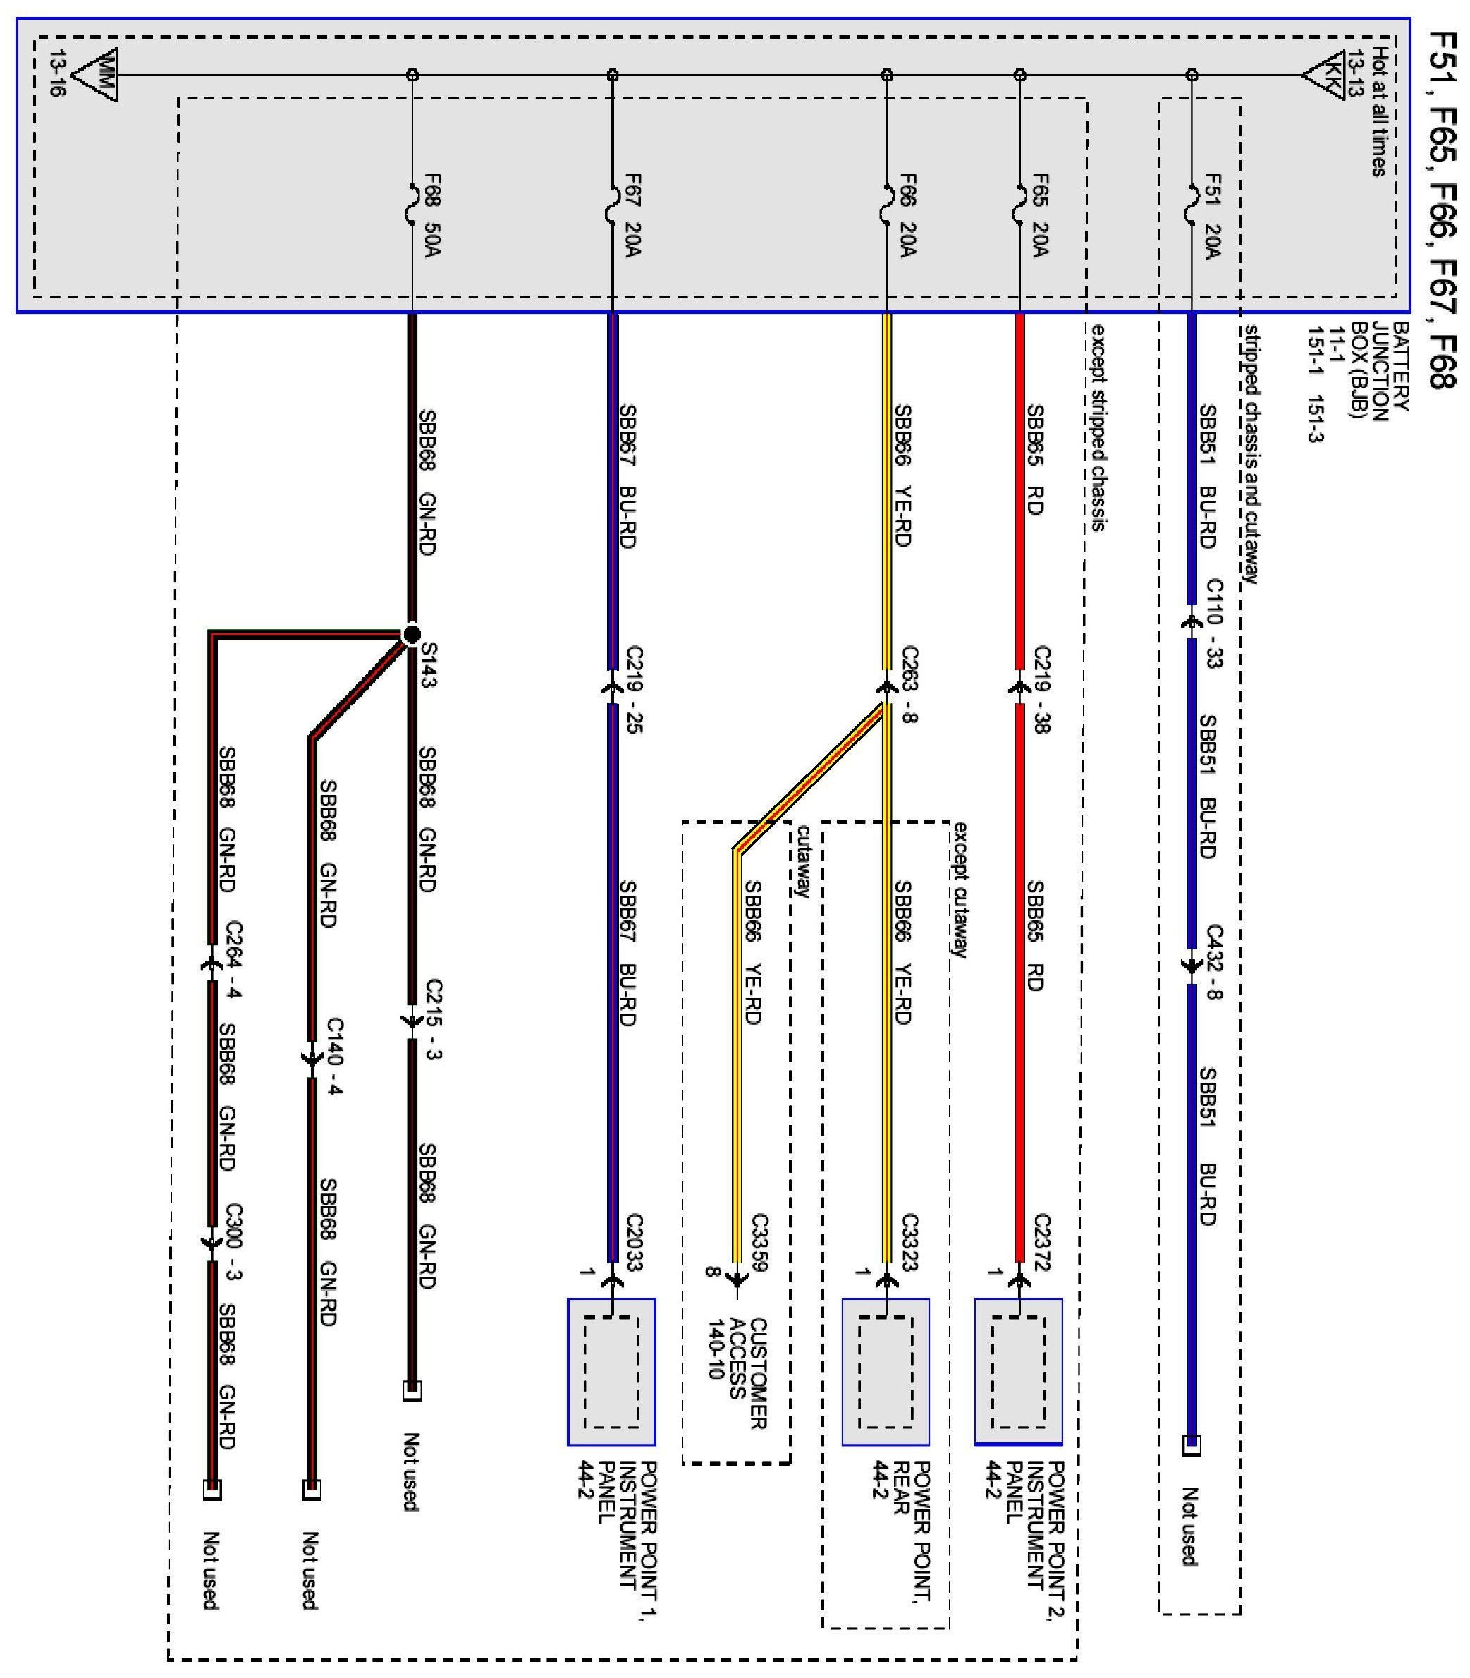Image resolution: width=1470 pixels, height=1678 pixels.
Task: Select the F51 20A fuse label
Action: point(1211,216)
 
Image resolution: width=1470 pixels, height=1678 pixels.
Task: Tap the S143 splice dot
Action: point(412,634)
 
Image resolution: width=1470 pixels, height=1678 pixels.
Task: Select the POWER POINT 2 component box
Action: point(1019,1371)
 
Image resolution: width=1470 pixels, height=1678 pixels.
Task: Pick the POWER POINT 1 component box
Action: point(612,1371)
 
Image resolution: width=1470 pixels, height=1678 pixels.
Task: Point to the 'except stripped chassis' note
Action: point(1097,427)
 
